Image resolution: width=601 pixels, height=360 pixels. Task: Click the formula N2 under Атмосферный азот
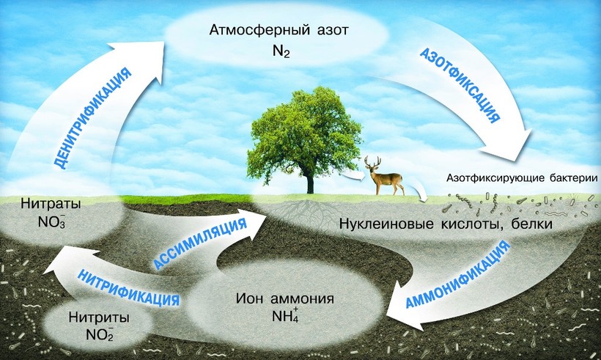pyautogui.click(x=281, y=51)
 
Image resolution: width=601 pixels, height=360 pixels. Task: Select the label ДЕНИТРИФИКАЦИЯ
pyautogui.click(x=92, y=119)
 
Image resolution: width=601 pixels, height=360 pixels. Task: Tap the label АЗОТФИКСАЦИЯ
pyautogui.click(x=460, y=86)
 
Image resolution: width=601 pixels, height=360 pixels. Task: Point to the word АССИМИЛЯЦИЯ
pyautogui.click(x=199, y=244)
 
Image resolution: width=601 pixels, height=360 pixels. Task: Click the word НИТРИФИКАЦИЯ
pyautogui.click(x=128, y=287)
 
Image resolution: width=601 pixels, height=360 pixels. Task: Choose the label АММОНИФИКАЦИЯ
pyautogui.click(x=458, y=274)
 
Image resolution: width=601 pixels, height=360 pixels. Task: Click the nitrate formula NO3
pyautogui.click(x=51, y=222)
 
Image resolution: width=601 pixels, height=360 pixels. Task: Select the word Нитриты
pyautogui.click(x=99, y=317)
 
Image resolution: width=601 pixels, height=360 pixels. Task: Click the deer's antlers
pyautogui.click(x=372, y=161)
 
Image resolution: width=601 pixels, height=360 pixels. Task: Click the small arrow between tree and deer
pyautogui.click(x=352, y=175)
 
